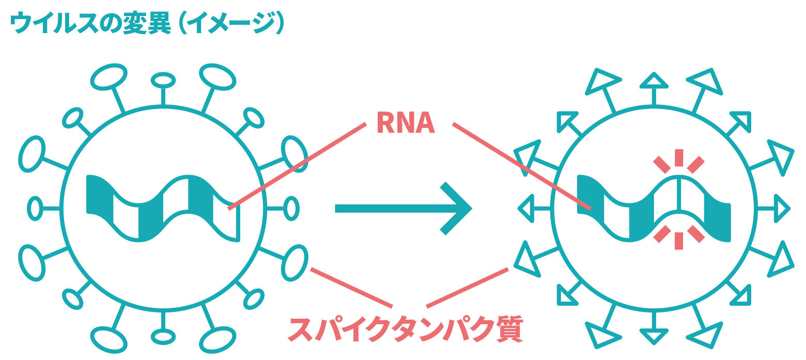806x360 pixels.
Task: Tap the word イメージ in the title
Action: (233, 23)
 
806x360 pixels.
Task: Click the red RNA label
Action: (406, 123)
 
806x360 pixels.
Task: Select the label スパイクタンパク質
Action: (405, 330)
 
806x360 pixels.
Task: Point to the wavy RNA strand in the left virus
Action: (163, 208)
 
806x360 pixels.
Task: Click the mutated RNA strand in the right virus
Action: (654, 209)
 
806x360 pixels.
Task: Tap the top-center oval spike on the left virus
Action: (163, 80)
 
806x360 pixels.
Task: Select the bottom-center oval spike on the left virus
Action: (163, 337)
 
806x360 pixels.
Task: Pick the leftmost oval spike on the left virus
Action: (35, 209)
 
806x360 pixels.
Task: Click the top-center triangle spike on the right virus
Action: (654, 81)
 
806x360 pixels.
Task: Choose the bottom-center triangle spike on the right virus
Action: (654, 336)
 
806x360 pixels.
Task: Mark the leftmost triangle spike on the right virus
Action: (526, 209)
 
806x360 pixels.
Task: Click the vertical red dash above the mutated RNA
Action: (679, 158)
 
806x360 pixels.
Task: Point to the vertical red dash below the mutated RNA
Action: (679, 241)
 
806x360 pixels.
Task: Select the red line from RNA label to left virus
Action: (297, 166)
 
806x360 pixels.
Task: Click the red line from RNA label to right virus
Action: (522, 166)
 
